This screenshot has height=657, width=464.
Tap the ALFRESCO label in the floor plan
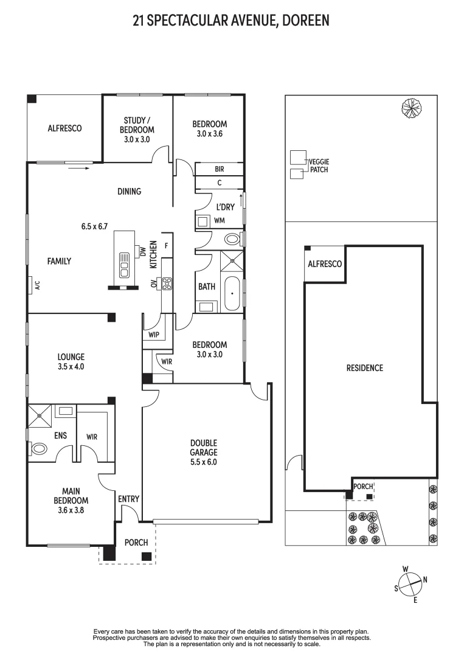click(x=64, y=128)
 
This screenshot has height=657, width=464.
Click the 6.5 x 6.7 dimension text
click(x=94, y=226)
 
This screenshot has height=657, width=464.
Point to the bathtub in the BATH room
click(x=232, y=294)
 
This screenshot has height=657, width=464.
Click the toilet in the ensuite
click(x=38, y=449)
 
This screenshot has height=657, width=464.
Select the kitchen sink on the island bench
click(x=125, y=261)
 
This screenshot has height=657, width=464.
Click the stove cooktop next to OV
click(x=167, y=283)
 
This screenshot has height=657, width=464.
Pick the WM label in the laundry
click(x=220, y=220)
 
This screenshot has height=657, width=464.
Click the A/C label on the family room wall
click(x=37, y=284)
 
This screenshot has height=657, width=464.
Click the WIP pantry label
click(x=153, y=335)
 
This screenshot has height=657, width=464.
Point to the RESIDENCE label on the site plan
click(x=364, y=367)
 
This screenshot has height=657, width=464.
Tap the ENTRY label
click(x=128, y=499)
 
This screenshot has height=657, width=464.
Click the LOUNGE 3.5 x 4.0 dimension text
click(x=71, y=367)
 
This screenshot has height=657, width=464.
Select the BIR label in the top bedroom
click(x=220, y=169)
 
